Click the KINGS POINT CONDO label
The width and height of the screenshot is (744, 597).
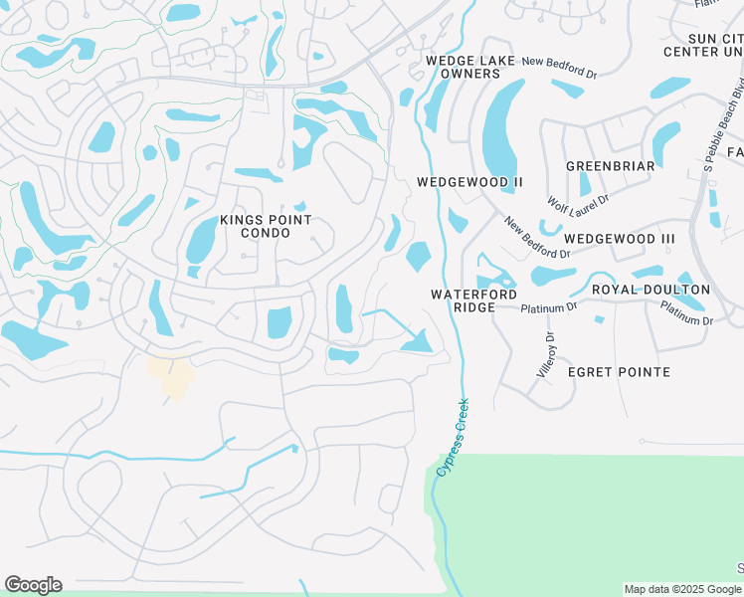(x=266, y=226)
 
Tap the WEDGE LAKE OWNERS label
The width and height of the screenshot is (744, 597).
(x=470, y=67)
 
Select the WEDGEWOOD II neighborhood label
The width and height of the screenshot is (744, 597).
(x=469, y=182)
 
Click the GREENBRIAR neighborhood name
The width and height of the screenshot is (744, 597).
(x=610, y=165)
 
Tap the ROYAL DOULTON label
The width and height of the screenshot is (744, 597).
(x=651, y=290)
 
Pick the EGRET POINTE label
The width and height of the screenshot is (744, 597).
(x=619, y=372)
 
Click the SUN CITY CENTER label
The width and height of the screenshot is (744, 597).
(x=703, y=44)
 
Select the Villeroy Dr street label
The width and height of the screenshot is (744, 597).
(x=546, y=353)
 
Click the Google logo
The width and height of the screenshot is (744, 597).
(x=33, y=585)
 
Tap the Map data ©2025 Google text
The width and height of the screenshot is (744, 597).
(x=680, y=589)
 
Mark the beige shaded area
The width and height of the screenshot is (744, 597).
(x=171, y=376)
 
